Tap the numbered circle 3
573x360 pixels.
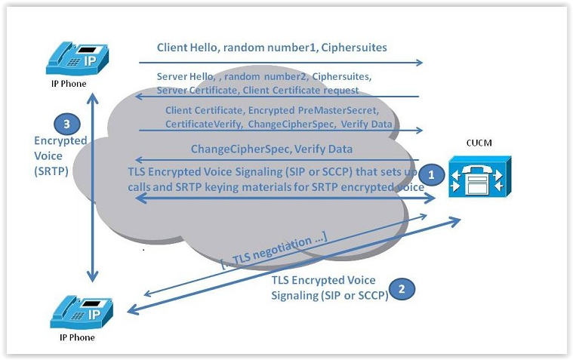coord(66,124)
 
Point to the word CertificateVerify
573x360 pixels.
coord(199,123)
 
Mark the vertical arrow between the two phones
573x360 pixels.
coord(92,189)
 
